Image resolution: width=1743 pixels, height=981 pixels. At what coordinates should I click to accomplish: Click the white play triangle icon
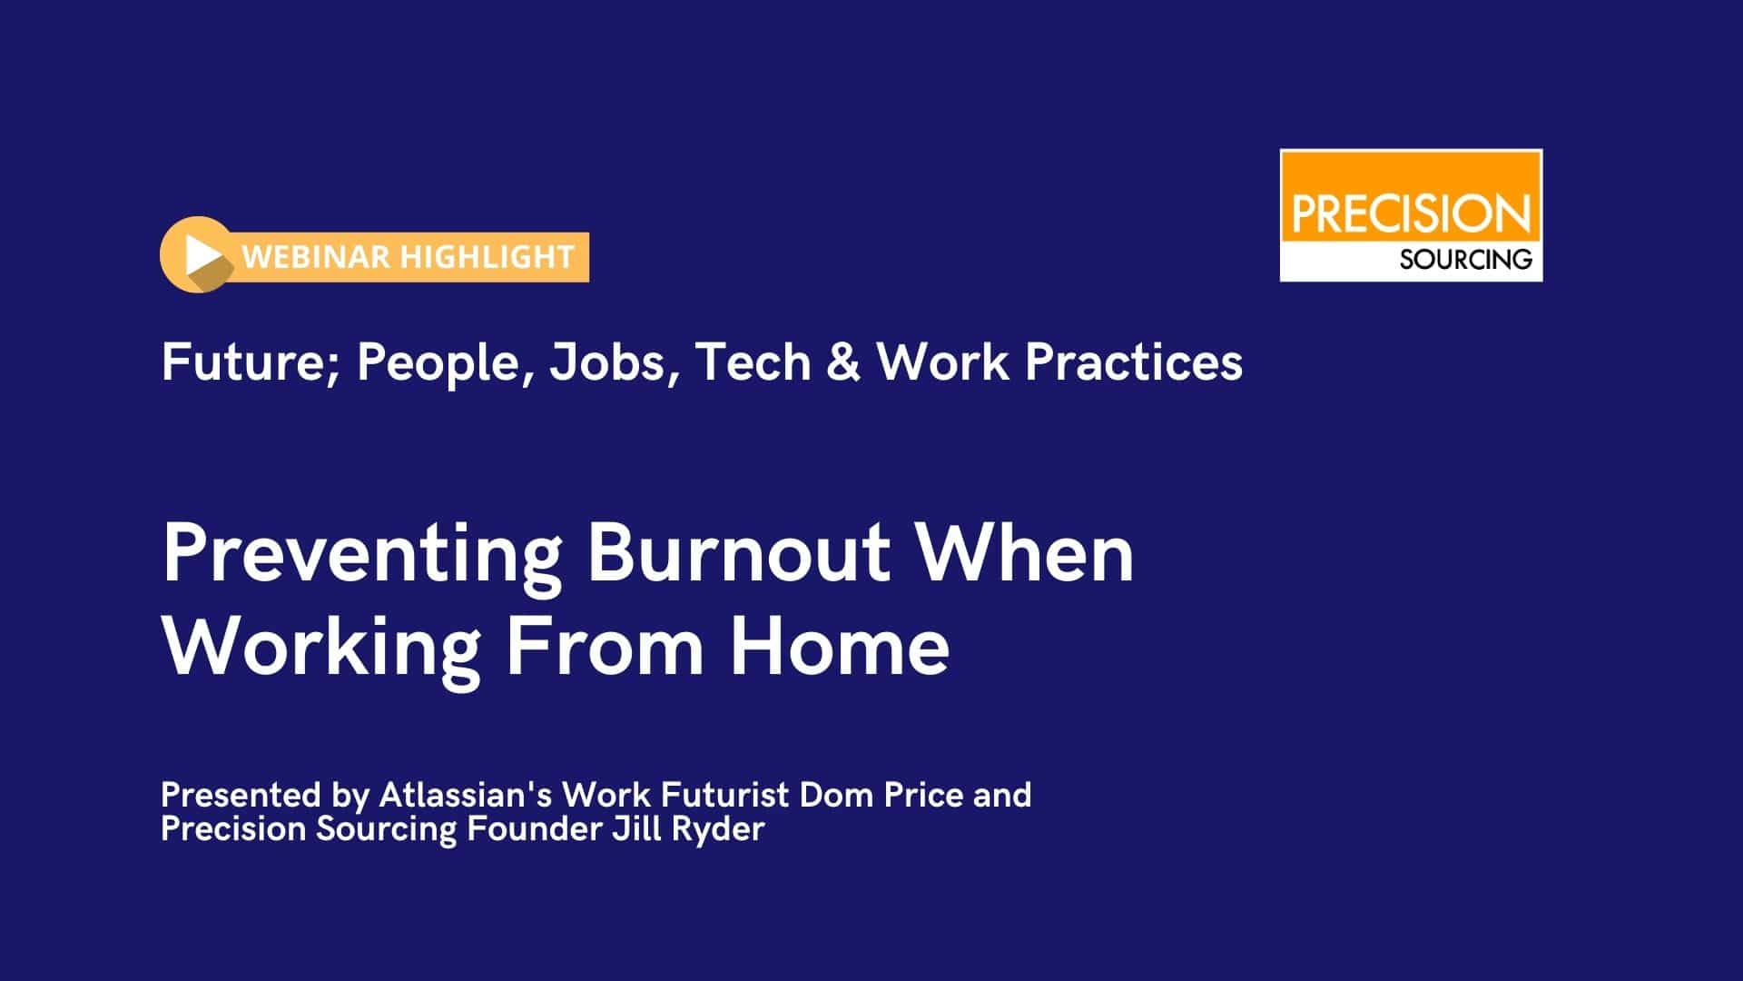200,255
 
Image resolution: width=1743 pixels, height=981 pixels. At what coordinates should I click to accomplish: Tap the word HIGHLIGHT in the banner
487,257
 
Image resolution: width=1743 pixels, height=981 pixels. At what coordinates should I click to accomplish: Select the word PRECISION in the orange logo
1411,214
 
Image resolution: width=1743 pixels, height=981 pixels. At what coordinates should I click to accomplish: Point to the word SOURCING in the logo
1465,260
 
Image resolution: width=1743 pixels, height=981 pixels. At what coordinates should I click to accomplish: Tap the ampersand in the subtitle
843,362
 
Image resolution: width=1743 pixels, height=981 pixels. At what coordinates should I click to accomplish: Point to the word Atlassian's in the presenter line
466,795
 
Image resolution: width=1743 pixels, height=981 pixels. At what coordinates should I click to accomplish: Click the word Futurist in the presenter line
725,795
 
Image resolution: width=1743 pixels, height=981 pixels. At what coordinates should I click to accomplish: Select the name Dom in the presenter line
832,795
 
